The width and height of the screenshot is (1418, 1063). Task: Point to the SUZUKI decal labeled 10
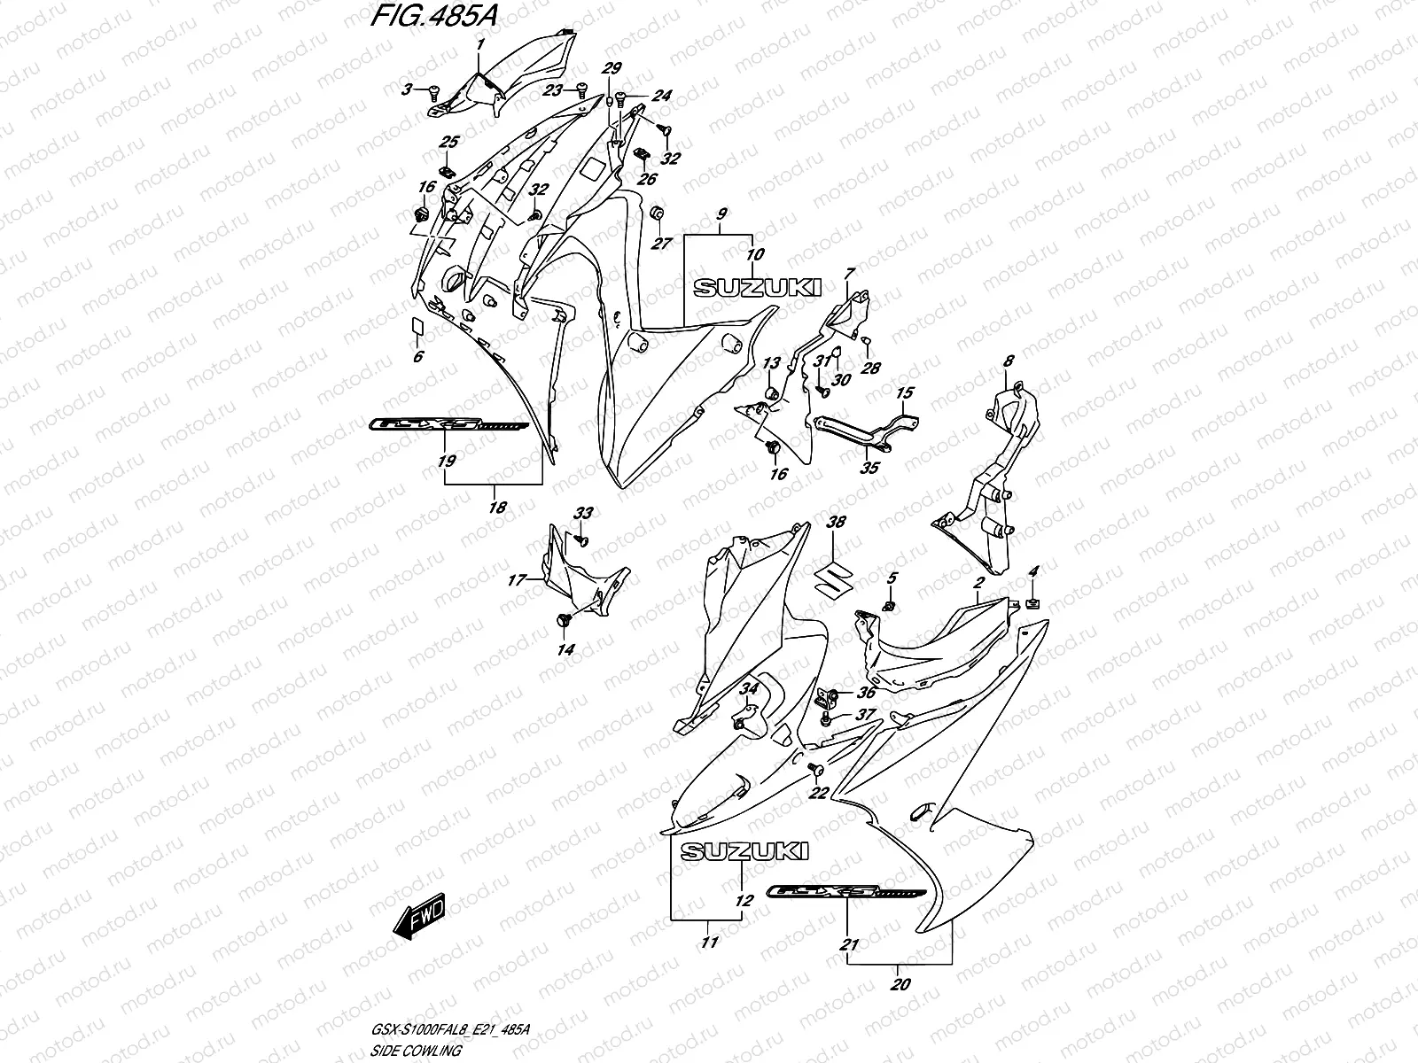click(757, 287)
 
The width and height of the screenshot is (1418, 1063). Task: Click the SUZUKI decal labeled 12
click(744, 851)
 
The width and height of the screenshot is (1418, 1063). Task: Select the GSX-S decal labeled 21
click(849, 893)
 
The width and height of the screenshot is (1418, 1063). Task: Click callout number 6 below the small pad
click(418, 356)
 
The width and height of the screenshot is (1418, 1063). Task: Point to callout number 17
click(517, 580)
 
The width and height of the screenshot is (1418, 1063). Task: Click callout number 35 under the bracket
click(870, 468)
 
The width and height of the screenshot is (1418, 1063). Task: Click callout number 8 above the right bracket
click(1008, 361)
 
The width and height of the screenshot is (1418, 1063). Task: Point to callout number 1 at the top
click(480, 43)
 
